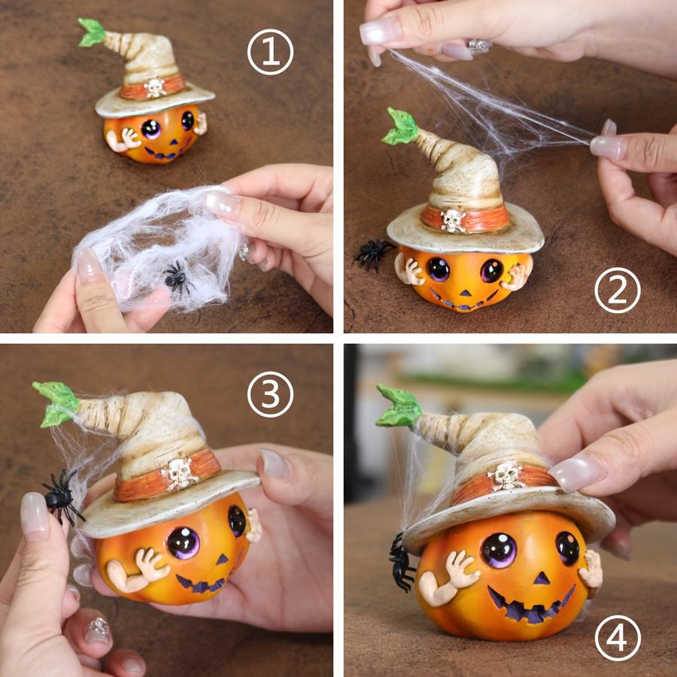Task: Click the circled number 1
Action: pyautogui.click(x=270, y=52)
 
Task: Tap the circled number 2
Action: pyautogui.click(x=618, y=290)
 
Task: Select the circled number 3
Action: pyautogui.click(x=270, y=394)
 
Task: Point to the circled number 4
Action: pyautogui.click(x=618, y=638)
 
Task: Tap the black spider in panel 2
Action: pyautogui.click(x=372, y=254)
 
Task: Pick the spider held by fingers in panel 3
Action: pyautogui.click(x=62, y=496)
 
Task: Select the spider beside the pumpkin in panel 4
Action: pyautogui.click(x=401, y=563)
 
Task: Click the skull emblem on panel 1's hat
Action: pyautogui.click(x=155, y=88)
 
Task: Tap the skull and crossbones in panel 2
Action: pyautogui.click(x=453, y=220)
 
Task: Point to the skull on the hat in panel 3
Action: pyautogui.click(x=181, y=473)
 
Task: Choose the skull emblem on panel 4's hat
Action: pyautogui.click(x=506, y=476)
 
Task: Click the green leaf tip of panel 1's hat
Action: pyautogui.click(x=92, y=32)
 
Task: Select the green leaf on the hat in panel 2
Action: pyautogui.click(x=400, y=126)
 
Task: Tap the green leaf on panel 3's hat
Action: pyautogui.click(x=56, y=403)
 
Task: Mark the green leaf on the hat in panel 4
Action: pyautogui.click(x=399, y=406)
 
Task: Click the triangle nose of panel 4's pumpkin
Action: pyautogui.click(x=542, y=578)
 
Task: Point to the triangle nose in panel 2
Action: pyautogui.click(x=465, y=293)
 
